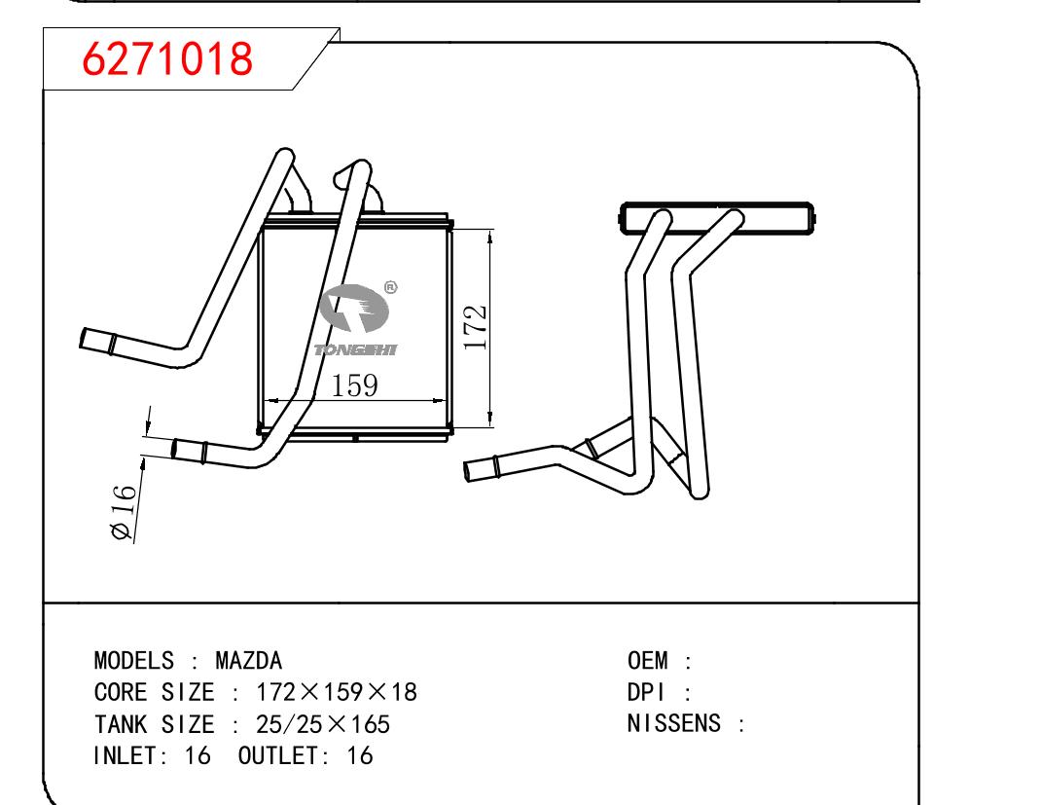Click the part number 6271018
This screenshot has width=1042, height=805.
168,60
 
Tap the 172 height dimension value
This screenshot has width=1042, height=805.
476,328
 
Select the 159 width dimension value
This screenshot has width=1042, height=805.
354,386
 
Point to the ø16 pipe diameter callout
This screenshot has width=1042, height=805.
123,512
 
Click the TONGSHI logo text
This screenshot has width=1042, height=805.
356,349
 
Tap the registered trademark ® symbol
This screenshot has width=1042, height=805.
390,287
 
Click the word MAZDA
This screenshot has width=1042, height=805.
248,661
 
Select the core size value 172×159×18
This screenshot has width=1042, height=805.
336,692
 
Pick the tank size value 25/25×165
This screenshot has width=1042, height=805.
322,723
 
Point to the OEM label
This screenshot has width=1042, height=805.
648,661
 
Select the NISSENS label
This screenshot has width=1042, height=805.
674,723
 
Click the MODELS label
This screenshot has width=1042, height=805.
133,661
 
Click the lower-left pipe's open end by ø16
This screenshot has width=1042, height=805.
176,450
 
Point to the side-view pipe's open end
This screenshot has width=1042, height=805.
471,469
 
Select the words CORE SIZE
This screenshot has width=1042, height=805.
153,692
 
